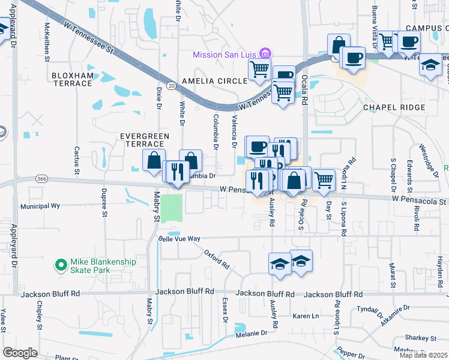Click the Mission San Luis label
(224, 55)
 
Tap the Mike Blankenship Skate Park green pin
(61, 265)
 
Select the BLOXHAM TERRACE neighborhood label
(73, 79)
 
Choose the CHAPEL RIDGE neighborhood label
(394, 107)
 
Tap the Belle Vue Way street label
(179, 238)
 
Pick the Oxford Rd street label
(217, 259)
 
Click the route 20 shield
(171, 86)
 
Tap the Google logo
(20, 353)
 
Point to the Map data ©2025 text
(423, 355)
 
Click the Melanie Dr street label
(251, 333)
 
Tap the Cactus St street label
(77, 160)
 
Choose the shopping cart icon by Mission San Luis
(259, 68)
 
